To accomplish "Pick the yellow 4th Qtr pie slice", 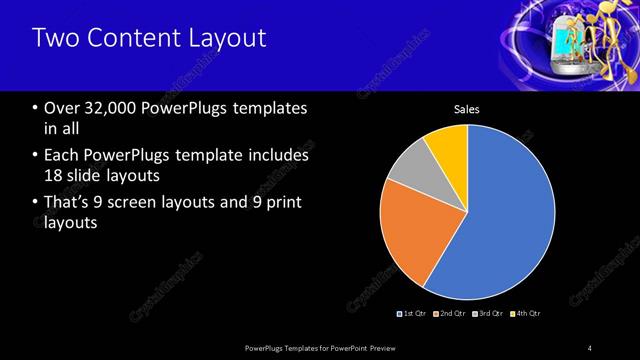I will pyautogui.click(x=447, y=145).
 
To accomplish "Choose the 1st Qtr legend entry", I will pyautogui.click(x=413, y=314).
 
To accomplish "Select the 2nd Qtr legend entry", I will pyautogui.click(x=451, y=314).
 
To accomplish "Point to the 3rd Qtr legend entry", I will pyautogui.click(x=488, y=314).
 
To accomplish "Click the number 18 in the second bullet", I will pyautogui.click(x=53, y=175).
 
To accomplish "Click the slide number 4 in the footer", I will pyautogui.click(x=589, y=347).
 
